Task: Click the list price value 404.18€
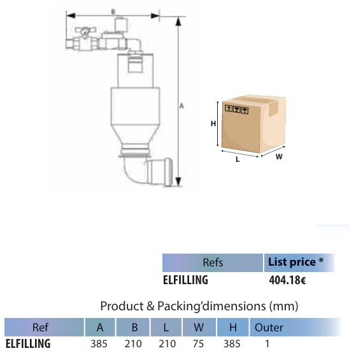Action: point(287,280)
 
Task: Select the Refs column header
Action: point(213,263)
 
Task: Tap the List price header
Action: point(295,262)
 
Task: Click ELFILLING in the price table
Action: point(185,280)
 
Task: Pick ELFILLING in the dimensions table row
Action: point(28,344)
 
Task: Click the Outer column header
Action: point(269,328)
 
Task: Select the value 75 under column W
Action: point(199,344)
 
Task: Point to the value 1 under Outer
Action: point(267,344)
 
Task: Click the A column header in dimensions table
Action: point(100,328)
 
